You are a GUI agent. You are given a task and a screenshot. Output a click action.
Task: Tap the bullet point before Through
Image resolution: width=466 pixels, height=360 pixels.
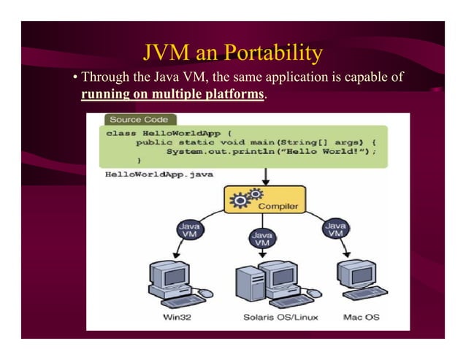(x=75, y=77)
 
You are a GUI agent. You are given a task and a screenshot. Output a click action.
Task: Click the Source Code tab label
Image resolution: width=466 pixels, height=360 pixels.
(x=139, y=119)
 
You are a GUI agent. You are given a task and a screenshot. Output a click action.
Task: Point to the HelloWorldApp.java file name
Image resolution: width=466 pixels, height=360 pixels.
(x=156, y=175)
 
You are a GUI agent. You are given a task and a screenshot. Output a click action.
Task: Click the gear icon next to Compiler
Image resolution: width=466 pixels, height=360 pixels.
(x=242, y=197)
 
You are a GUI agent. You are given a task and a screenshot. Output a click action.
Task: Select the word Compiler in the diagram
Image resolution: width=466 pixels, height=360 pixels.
(x=279, y=206)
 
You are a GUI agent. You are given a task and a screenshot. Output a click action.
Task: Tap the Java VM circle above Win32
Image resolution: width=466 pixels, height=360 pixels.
(x=188, y=231)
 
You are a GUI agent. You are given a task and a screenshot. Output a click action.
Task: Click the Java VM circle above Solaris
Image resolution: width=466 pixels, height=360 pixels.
(x=261, y=240)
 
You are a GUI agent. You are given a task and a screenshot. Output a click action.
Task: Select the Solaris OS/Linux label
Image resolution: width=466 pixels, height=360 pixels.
(x=274, y=318)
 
